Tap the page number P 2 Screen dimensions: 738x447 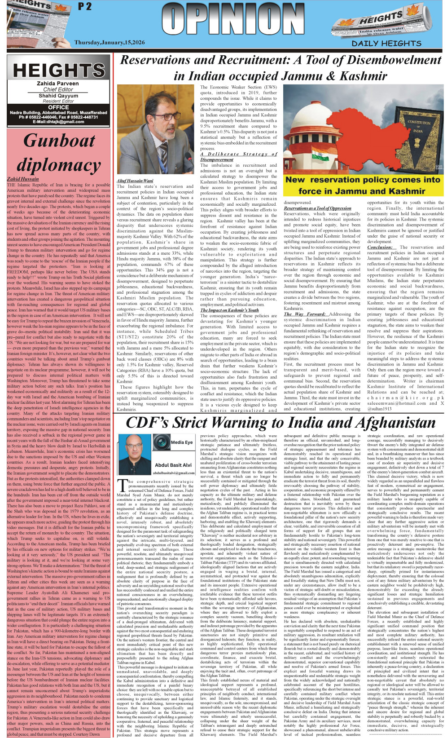tap(84, 6)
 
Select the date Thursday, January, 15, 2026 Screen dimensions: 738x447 tap(110, 42)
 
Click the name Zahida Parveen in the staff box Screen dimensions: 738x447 tap(58, 84)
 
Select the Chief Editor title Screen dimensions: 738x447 tap(58, 89)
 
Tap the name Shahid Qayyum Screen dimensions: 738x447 tap(58, 96)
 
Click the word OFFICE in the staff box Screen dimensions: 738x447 tap(58, 107)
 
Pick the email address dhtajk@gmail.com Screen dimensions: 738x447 tap(58, 122)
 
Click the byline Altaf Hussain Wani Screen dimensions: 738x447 tap(135, 181)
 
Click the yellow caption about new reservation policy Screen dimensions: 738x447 tap(363, 185)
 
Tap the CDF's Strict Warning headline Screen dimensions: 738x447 tap(280, 423)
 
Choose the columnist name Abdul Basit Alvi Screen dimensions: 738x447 tap(173, 465)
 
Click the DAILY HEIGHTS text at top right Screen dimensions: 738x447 tap(386, 43)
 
